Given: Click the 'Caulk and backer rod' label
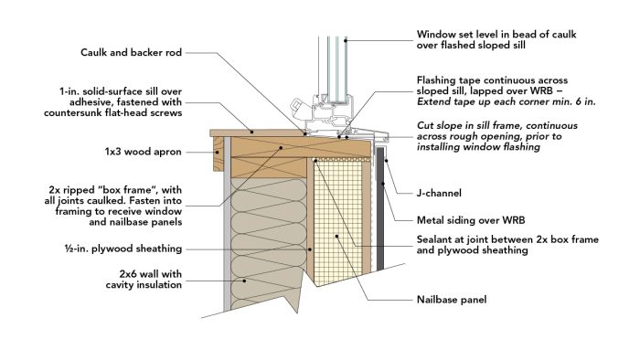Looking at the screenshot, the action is [131, 53].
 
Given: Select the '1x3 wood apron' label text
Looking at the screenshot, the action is [143, 152].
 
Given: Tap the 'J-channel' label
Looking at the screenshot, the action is [439, 193].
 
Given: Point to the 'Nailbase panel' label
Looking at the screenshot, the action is [452, 300].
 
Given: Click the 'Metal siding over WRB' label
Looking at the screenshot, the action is [471, 220].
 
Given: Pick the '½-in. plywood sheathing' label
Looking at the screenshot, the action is [123, 249].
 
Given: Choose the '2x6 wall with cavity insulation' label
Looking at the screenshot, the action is [144, 280].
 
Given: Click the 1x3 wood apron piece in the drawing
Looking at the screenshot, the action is [219, 154].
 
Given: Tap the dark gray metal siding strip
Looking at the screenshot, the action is [380, 208].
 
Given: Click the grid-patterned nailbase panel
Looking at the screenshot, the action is [339, 220].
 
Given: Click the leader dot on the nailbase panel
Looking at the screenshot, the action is [336, 236].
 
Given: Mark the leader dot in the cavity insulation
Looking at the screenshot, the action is [244, 281].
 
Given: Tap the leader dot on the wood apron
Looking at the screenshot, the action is [218, 152].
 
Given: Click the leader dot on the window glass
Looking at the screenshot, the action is [346, 40].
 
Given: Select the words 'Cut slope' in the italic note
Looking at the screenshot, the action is [440, 126].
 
